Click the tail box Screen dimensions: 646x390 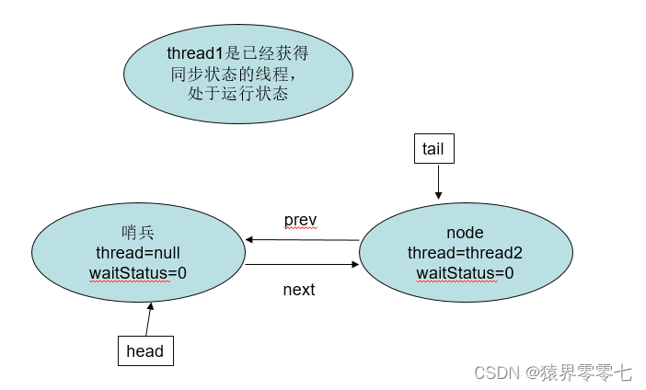point(434,149)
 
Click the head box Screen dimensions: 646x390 point(145,350)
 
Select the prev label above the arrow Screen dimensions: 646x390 point(300,221)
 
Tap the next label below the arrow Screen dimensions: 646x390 point(299,290)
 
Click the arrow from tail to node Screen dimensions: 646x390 point(438,181)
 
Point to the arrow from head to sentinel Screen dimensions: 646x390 point(149,319)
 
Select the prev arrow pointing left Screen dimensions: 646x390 point(303,240)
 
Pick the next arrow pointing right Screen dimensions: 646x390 point(303,264)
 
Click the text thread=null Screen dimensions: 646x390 point(138,253)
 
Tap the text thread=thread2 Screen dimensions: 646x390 point(465,253)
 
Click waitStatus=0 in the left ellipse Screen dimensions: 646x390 point(138,273)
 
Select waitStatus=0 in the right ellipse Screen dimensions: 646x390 point(465,273)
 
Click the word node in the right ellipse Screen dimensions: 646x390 point(465,233)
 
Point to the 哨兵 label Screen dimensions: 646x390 point(138,233)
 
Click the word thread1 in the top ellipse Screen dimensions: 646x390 point(195,53)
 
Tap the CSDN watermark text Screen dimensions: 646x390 point(496,373)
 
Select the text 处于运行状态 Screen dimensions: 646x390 point(237,94)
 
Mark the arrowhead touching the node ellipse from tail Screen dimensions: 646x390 point(438,196)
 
